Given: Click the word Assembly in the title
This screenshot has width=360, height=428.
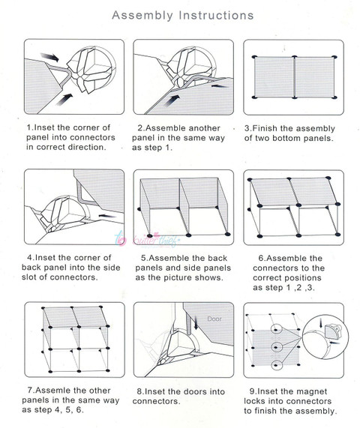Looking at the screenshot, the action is point(142,16).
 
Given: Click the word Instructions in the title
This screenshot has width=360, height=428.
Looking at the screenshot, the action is point(216,15).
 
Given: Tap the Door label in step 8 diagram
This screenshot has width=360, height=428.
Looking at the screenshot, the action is point(214,319).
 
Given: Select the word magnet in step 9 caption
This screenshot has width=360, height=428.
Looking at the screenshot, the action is point(312,391).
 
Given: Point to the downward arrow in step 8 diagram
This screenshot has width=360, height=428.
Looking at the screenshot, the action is point(196,322).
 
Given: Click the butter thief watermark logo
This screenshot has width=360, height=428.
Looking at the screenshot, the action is point(148,240).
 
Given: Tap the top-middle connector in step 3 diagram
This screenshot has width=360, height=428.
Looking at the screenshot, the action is point(294,57).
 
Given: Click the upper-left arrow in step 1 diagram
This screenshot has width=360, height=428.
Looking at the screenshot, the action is point(49,57).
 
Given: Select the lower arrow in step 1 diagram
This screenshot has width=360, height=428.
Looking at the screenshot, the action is point(64,100).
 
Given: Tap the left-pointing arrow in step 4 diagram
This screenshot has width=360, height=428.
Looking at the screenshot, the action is point(107,216).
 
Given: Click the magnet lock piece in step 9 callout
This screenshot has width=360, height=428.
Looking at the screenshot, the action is point(333,331).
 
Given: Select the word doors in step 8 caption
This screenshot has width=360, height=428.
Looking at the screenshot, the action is point(193,391).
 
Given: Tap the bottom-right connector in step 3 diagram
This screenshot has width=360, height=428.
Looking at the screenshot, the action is point(334,97).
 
